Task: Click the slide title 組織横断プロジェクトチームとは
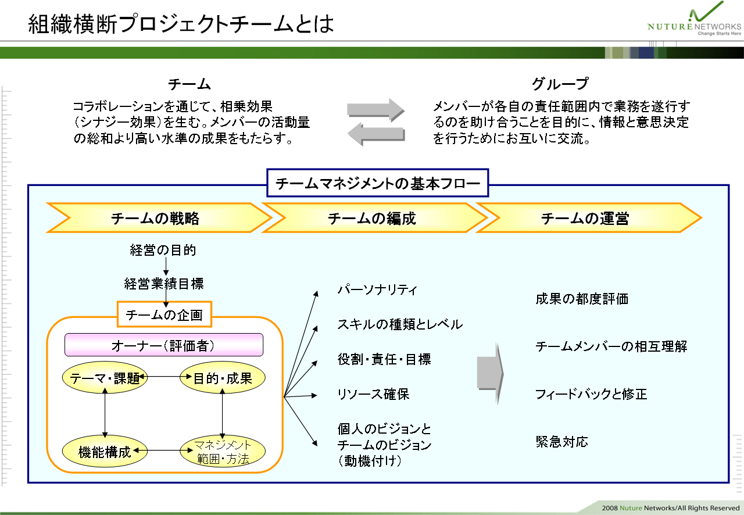point(181,24)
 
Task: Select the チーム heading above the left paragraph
point(189,84)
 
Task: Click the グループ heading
point(560,83)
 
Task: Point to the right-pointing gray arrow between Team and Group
point(375,109)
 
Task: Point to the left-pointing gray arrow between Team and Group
point(376,134)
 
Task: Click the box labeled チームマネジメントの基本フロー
point(378,183)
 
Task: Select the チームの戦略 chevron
point(159,218)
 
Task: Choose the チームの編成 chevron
point(374,218)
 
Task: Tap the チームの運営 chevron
point(589,218)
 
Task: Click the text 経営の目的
point(163,250)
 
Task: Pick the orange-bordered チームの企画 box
point(164,314)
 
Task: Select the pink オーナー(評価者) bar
point(164,345)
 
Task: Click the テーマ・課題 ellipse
point(105,377)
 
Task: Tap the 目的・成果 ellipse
point(223,377)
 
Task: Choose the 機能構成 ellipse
point(105,451)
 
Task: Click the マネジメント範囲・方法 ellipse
point(223,451)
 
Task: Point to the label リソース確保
point(373,394)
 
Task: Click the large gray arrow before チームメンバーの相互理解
point(490,373)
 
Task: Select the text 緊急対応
point(561,442)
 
